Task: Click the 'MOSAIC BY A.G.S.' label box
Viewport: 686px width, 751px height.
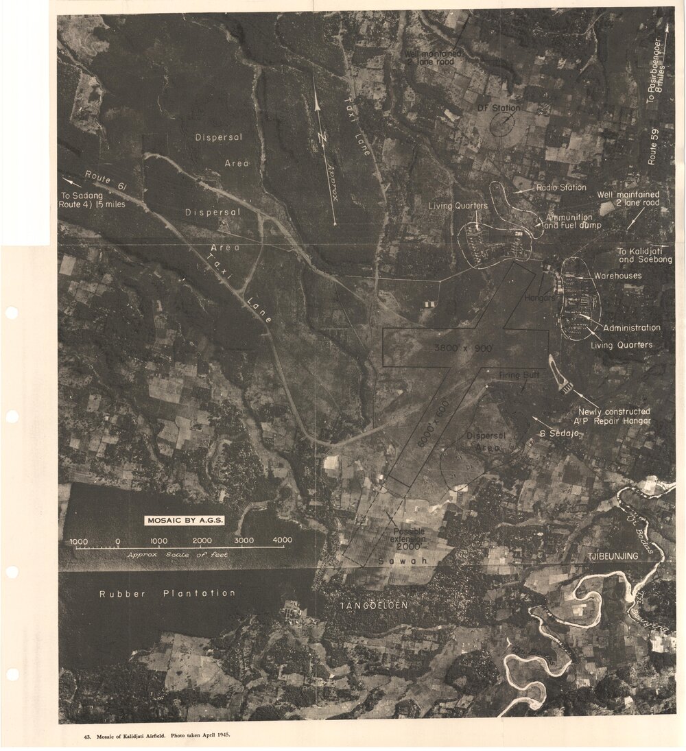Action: [x=185, y=520]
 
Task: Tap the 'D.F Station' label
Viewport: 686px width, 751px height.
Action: [x=499, y=108]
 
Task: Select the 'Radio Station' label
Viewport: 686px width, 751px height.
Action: [x=561, y=187]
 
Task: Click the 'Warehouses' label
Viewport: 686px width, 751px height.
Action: [x=617, y=276]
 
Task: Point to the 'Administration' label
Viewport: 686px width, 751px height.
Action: [x=631, y=328]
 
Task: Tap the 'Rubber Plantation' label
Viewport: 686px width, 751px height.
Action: [x=167, y=593]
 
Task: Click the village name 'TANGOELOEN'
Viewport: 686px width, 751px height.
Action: [x=375, y=606]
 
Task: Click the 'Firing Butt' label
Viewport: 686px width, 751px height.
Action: [x=519, y=375]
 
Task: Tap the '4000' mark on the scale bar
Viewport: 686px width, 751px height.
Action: [x=282, y=540]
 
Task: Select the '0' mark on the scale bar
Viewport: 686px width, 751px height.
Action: [x=118, y=541]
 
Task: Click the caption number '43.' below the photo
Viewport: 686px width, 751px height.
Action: [x=87, y=736]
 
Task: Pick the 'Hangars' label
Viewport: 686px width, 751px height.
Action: [x=539, y=298]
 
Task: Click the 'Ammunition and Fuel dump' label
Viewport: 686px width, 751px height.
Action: [x=571, y=221]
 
